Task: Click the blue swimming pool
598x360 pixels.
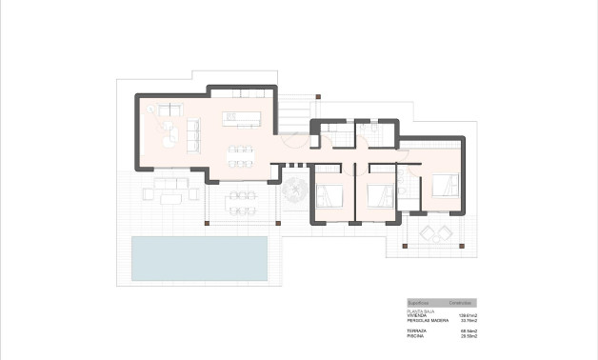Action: [199, 258]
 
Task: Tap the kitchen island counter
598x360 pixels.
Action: [242, 118]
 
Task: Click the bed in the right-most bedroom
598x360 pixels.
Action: [445, 185]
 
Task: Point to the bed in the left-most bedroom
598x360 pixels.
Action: [329, 195]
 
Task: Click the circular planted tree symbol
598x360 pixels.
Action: [295, 191]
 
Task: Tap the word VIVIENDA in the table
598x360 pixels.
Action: [418, 316]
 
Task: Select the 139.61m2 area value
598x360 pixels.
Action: [467, 316]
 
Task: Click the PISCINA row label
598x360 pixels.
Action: [416, 335]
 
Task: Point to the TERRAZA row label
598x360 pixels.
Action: [417, 330]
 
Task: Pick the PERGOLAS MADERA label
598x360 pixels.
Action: [427, 321]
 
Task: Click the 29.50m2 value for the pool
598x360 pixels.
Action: [468, 335]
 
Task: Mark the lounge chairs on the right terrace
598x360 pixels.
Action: [433, 232]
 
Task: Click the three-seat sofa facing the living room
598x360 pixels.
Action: [193, 133]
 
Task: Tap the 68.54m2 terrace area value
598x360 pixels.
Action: [468, 330]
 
